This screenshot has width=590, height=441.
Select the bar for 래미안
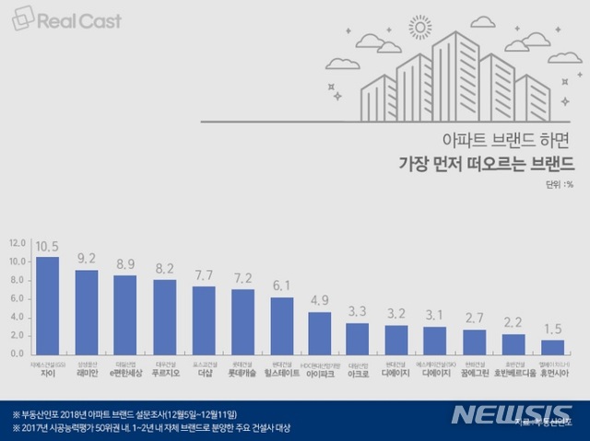point(87,311)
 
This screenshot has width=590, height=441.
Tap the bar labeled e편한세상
point(125,313)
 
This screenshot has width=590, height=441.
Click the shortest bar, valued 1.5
point(553,346)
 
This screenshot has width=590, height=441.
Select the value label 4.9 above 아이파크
point(321,299)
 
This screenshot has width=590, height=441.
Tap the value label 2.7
point(476,319)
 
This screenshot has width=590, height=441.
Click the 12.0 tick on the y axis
point(17,244)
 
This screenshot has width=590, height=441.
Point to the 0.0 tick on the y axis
point(17,354)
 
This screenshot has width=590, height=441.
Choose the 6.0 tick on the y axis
point(17,299)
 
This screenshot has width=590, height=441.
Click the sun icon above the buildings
point(422,30)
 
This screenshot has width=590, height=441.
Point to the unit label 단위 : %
point(558,182)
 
